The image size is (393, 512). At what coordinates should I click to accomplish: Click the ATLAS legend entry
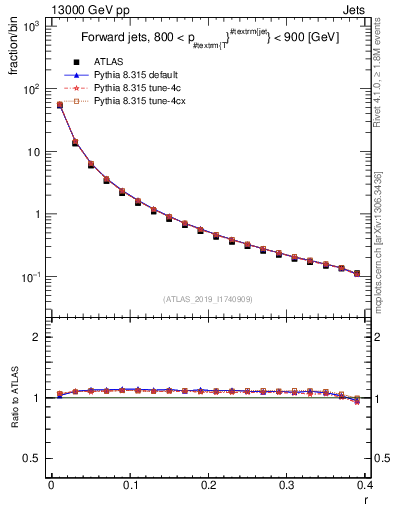pyautogui.click(x=106, y=62)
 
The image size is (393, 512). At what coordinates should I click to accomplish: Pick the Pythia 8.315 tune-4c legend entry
pyautogui.click(x=131, y=88)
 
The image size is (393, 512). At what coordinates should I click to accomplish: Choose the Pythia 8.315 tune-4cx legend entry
pyautogui.click(x=134, y=101)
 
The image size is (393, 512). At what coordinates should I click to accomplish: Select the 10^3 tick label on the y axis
pyautogui.click(x=31, y=27)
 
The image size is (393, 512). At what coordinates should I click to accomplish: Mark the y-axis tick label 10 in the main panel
pyautogui.click(x=35, y=152)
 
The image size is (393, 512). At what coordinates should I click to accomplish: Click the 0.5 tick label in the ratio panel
pyautogui.click(x=32, y=458)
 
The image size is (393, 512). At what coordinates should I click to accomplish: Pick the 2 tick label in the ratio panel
pyautogui.click(x=38, y=337)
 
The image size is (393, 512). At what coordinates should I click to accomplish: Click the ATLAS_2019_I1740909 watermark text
pyautogui.click(x=207, y=299)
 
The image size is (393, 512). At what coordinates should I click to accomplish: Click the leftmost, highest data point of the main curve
pyautogui.click(x=59, y=105)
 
